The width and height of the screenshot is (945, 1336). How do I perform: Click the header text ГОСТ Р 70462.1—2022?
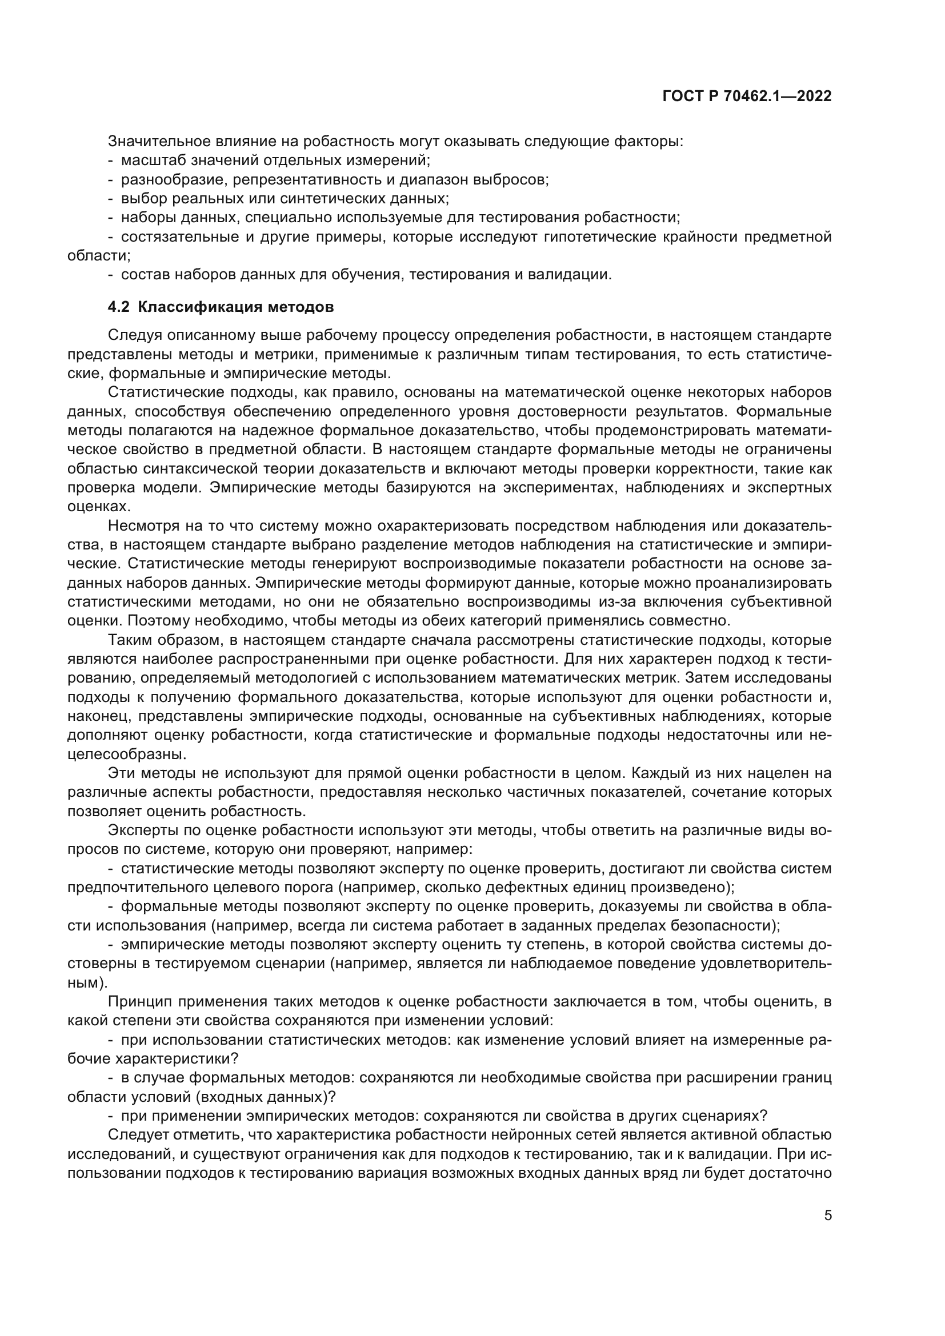(x=747, y=97)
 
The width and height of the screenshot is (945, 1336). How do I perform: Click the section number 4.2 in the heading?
(x=119, y=307)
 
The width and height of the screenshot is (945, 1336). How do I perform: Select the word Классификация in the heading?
(x=202, y=307)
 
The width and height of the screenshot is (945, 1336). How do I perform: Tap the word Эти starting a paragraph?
(x=121, y=773)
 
